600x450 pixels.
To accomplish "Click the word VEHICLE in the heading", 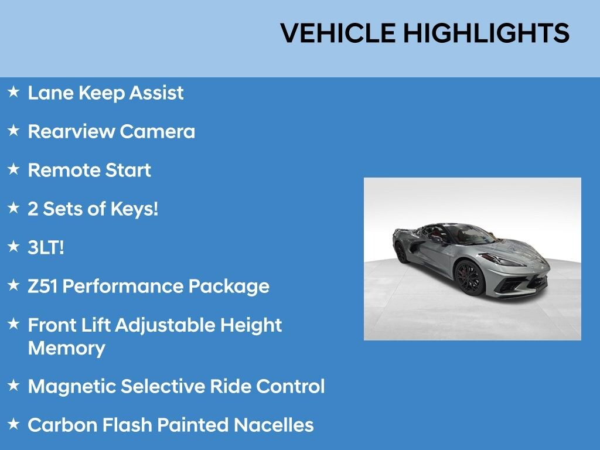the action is coord(338,33).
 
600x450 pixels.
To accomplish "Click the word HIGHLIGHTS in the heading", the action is coord(486,33).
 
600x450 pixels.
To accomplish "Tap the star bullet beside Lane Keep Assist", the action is coord(13,92).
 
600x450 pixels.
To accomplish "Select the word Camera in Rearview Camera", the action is coord(157,132).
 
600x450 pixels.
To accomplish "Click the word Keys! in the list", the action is coord(134,210).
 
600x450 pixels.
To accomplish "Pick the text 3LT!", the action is coord(46,248).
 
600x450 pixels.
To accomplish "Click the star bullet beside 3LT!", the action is coord(13,246).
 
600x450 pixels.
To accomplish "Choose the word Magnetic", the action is coord(71,387).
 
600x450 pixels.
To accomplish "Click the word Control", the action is coord(291,387).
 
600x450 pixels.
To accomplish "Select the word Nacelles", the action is coord(274,425).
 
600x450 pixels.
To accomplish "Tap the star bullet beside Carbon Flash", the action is coord(13,424).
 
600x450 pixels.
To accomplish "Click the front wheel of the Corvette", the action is coord(469,278).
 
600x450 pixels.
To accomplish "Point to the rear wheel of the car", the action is coord(401,252).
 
